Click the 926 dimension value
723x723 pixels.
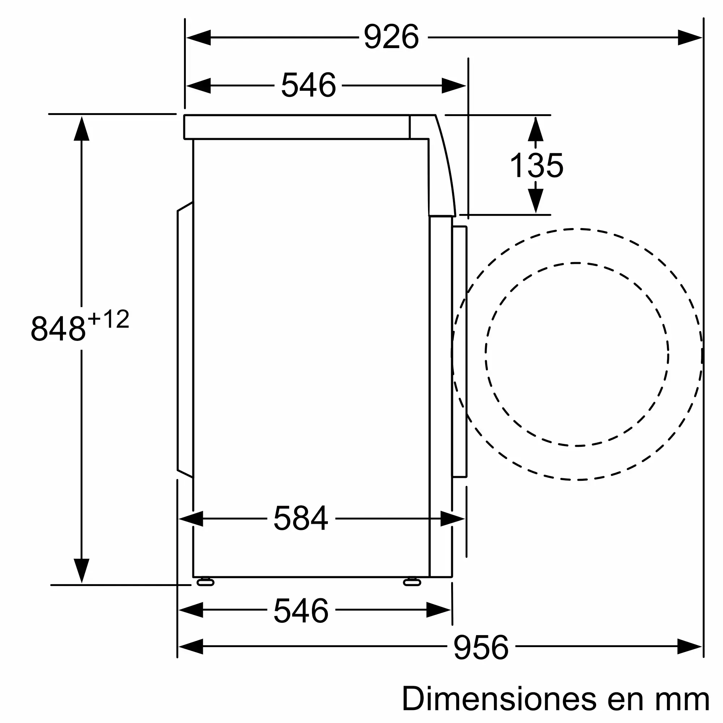391,37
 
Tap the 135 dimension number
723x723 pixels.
536,166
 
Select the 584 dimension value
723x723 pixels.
301,519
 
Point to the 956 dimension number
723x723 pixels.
481,647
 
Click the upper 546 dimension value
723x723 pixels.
308,85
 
